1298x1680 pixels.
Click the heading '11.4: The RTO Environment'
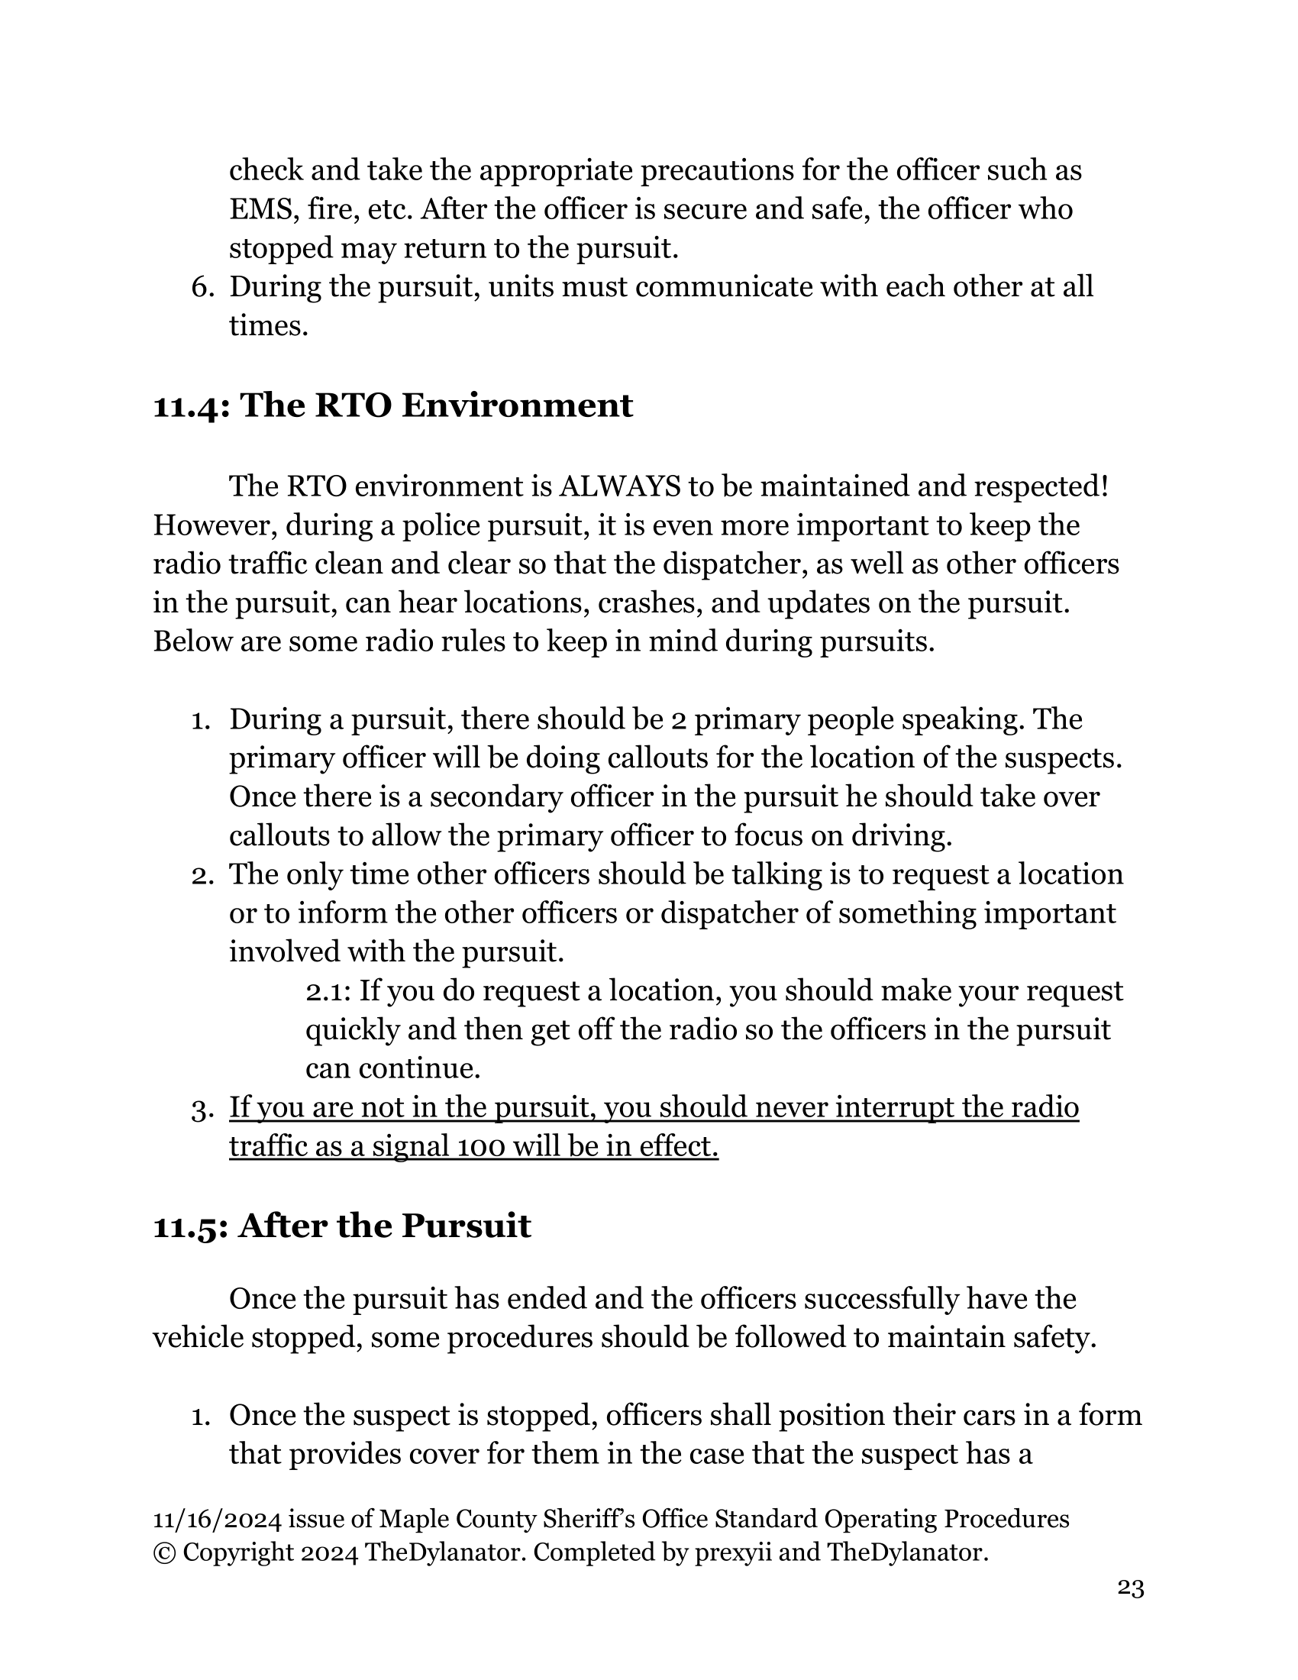tap(392, 405)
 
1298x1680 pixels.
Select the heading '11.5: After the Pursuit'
tap(341, 1226)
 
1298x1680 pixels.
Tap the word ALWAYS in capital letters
tap(619, 486)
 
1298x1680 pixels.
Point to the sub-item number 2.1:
tap(328, 991)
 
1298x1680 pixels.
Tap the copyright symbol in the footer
tap(164, 1553)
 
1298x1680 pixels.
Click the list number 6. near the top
tap(202, 287)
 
